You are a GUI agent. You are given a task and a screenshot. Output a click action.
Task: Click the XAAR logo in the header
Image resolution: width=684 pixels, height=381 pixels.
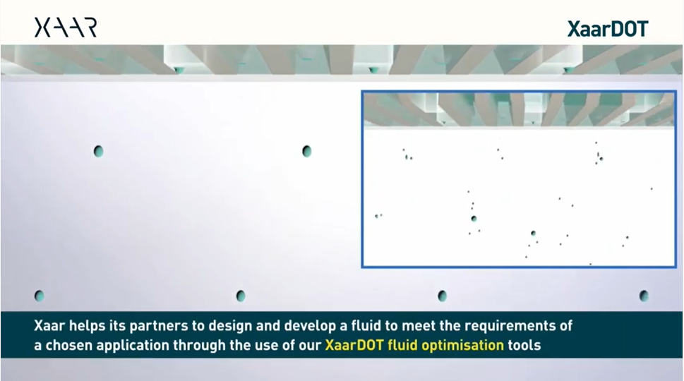[66, 28]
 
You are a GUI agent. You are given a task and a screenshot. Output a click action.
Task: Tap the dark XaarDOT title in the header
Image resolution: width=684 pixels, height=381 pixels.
[608, 29]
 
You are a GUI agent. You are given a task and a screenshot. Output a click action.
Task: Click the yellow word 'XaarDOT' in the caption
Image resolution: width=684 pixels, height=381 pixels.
[354, 345]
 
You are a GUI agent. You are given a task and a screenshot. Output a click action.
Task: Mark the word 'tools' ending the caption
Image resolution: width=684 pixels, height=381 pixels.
[524, 345]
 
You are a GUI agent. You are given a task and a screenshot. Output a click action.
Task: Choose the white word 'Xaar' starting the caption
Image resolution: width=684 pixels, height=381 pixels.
[49, 326]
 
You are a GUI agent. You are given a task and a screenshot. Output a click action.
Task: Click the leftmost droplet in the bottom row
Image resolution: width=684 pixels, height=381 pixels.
[39, 296]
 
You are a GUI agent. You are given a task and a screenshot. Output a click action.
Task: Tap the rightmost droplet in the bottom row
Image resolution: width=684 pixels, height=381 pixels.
[644, 296]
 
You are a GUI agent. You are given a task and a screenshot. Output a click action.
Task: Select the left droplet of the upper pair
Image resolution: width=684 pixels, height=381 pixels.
[98, 151]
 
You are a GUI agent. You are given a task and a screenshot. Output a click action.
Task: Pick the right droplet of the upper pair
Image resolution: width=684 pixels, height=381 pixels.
[306, 151]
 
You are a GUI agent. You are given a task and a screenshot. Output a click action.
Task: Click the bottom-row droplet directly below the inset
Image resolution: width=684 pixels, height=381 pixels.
[442, 296]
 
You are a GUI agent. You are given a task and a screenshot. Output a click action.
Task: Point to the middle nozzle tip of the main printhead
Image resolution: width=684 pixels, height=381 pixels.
[373, 70]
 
